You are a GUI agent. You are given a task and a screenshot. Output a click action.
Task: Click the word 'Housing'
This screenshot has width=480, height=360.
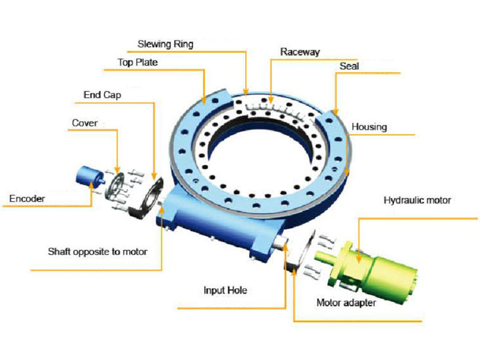369,127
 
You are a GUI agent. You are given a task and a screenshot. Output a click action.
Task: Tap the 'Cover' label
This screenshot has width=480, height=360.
85,123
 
